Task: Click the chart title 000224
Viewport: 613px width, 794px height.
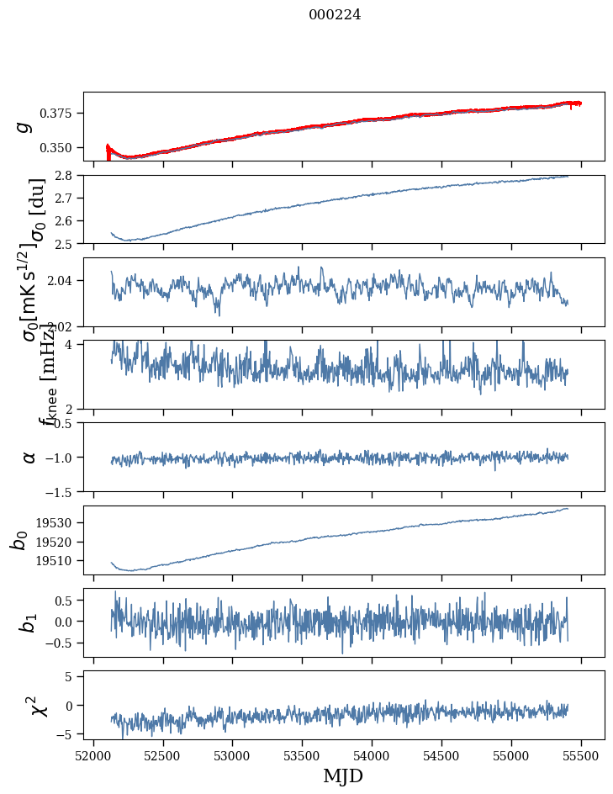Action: click(x=335, y=14)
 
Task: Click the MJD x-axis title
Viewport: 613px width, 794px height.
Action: click(x=343, y=775)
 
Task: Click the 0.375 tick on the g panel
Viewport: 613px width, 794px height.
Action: click(x=61, y=114)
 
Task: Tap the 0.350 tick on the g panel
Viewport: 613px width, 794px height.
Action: click(x=61, y=148)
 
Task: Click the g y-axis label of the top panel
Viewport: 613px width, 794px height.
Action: click(x=24, y=126)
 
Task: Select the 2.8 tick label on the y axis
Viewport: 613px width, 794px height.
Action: click(x=68, y=176)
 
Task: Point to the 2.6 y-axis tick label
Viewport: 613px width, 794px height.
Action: click(x=68, y=221)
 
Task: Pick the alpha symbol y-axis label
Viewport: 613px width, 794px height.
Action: click(x=29, y=457)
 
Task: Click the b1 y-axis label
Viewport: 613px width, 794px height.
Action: click(x=28, y=622)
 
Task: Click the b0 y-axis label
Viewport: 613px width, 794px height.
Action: click(x=19, y=540)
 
